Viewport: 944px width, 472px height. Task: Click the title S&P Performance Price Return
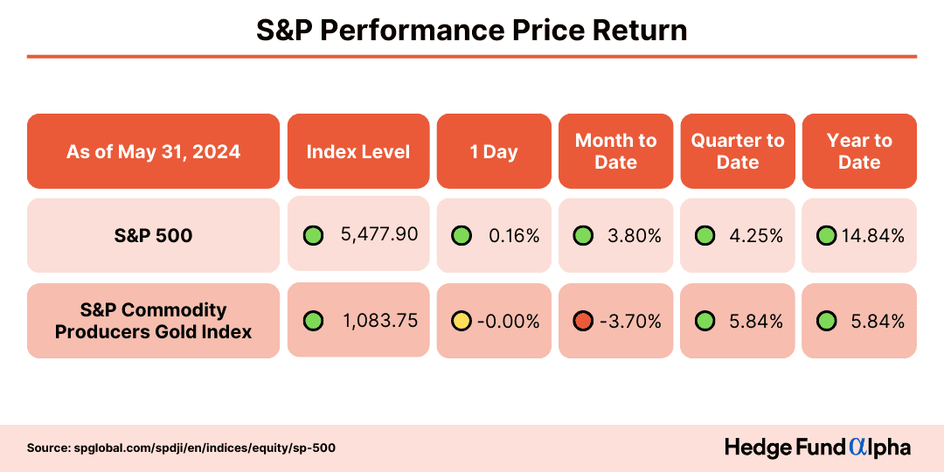click(x=472, y=30)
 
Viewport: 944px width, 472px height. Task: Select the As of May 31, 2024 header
click(x=153, y=151)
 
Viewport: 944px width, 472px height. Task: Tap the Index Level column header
click(x=358, y=151)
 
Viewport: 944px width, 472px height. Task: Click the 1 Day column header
click(x=494, y=151)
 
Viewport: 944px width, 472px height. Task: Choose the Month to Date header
click(x=615, y=151)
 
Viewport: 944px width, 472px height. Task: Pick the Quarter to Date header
click(x=738, y=151)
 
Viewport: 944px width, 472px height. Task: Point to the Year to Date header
click(x=859, y=151)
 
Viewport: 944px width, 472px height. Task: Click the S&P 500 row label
click(x=153, y=235)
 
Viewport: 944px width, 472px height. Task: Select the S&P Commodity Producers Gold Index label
click(x=153, y=321)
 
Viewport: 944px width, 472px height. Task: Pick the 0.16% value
click(x=514, y=235)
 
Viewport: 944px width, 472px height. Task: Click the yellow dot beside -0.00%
click(x=462, y=321)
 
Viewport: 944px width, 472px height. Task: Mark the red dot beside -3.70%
click(x=583, y=321)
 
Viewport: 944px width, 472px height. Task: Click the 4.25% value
click(x=757, y=235)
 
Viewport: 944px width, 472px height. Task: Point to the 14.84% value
click(x=872, y=235)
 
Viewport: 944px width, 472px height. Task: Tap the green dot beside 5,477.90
click(x=313, y=235)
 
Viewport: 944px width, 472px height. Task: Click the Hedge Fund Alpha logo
click(x=817, y=448)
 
